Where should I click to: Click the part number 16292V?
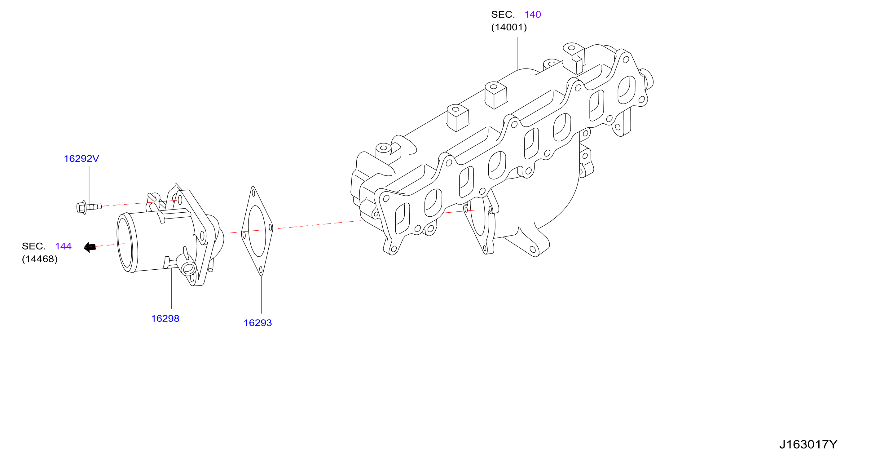(x=81, y=159)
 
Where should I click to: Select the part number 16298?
(x=165, y=319)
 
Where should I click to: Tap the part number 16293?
(x=258, y=323)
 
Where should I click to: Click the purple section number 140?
(x=533, y=15)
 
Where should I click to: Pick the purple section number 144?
(x=63, y=246)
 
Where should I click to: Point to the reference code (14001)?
(x=509, y=27)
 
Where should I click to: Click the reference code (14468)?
(x=40, y=259)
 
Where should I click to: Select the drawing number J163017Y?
(x=808, y=445)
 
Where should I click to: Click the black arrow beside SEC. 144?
(x=90, y=247)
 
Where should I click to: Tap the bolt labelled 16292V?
(x=89, y=207)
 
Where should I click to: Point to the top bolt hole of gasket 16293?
(x=253, y=193)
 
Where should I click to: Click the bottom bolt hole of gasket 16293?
(x=261, y=270)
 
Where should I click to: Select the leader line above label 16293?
(x=262, y=294)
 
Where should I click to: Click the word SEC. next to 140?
(x=503, y=15)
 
